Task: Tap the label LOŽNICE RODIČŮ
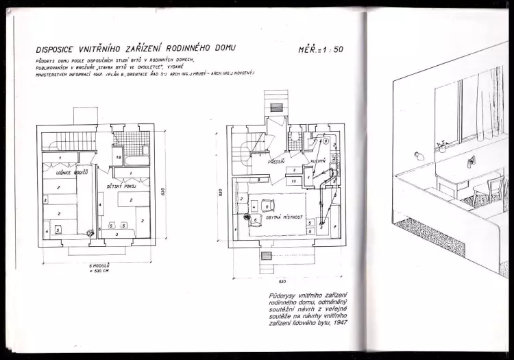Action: click(60, 172)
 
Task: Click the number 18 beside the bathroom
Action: click(118, 158)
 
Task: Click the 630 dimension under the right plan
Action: click(282, 281)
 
